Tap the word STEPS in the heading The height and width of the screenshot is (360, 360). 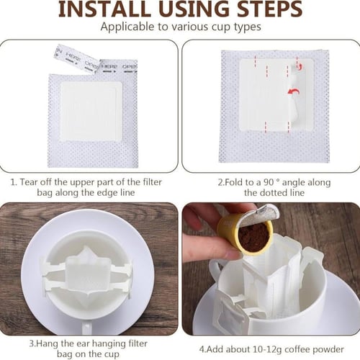point(270,9)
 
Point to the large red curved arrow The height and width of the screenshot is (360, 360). point(294,91)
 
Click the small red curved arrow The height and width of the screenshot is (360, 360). point(298,66)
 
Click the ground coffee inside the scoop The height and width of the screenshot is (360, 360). point(253,237)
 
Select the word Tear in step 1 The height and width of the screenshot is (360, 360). point(29,182)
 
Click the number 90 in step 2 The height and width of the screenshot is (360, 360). point(269,182)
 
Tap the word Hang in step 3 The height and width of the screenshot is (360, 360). point(48,343)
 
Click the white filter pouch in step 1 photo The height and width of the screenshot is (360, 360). point(91,112)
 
